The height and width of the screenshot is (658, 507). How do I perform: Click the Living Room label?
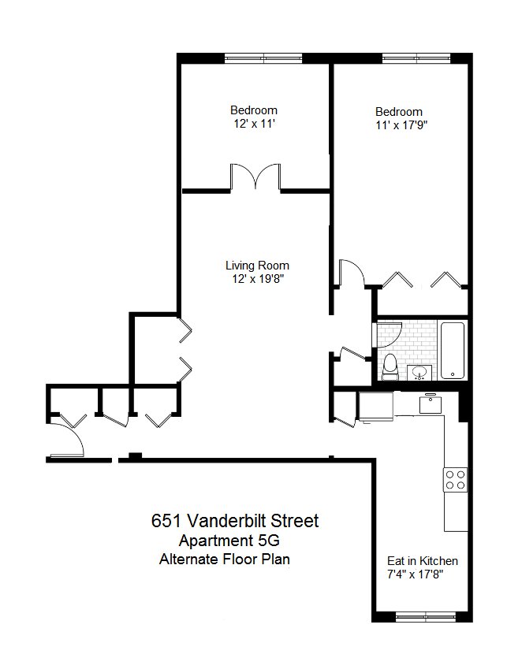point(257,266)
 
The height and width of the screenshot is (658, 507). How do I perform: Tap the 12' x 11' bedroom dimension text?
point(254,124)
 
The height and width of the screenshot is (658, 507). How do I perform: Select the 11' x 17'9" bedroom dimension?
point(401,125)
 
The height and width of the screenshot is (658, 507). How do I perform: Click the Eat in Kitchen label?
point(422,561)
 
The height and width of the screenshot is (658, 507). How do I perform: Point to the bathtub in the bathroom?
point(453,351)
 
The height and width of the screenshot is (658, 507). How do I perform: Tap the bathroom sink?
point(419,372)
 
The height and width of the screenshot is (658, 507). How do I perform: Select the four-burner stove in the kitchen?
point(455,480)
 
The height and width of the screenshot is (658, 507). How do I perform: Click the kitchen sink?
point(431,404)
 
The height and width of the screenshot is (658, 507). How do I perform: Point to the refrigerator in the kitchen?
point(375,406)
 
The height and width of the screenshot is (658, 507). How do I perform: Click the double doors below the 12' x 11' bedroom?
point(255,177)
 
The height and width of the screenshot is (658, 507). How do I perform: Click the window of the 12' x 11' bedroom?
point(263,58)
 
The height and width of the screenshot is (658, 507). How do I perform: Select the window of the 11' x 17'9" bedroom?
point(416,58)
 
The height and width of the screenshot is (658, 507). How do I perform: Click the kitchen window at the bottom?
point(426,617)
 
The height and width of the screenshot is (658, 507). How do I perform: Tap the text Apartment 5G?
point(229,541)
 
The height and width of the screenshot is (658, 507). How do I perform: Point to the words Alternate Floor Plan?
point(225,559)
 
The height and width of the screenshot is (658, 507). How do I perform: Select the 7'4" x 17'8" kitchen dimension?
point(415,574)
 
